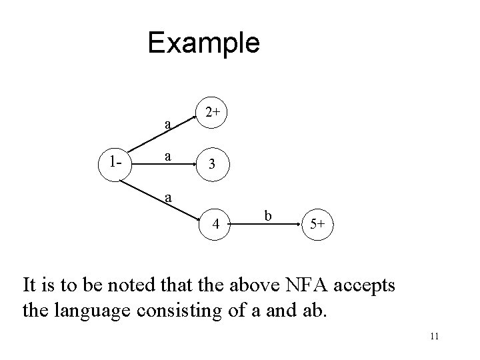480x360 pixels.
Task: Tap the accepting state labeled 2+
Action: pos(213,113)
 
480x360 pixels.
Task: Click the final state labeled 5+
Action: pos(317,225)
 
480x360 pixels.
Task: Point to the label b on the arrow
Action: pos(268,215)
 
